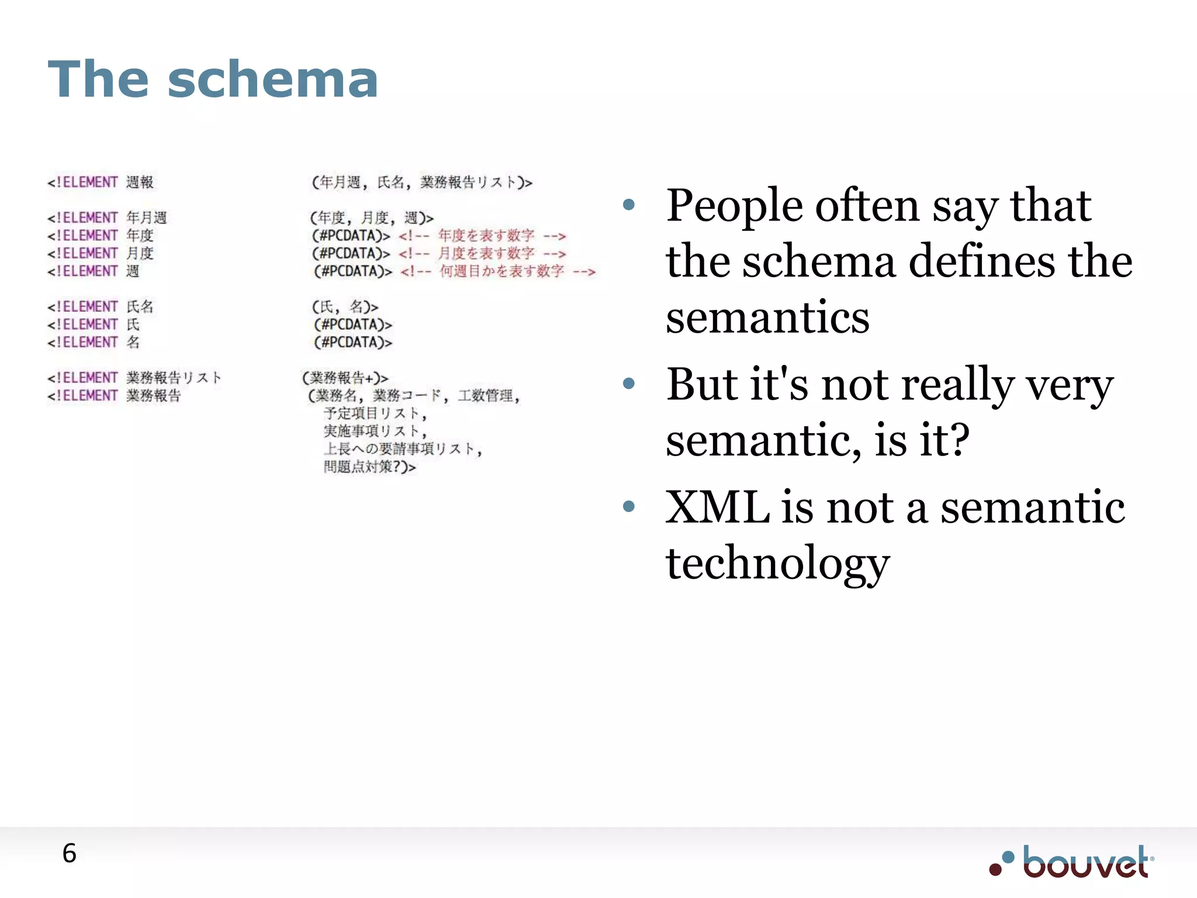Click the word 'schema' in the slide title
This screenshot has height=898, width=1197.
tap(273, 80)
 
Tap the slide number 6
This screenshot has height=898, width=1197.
tap(69, 854)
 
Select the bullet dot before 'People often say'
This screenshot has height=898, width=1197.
tap(628, 205)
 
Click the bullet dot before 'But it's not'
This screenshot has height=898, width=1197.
tap(628, 384)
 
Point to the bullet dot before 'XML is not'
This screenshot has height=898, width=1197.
tap(628, 506)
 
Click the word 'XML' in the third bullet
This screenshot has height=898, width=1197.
tap(717, 507)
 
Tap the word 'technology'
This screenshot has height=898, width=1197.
tap(777, 563)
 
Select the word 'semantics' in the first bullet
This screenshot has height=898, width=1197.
tap(767, 317)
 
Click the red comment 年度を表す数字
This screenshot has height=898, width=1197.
tap(486, 236)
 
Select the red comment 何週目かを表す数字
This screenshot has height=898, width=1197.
tap(501, 271)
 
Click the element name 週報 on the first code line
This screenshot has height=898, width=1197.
tap(140, 182)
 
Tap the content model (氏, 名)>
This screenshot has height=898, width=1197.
tap(345, 307)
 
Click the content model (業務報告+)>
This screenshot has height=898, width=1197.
tap(345, 378)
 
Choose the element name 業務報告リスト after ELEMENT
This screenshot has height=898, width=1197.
tap(174, 378)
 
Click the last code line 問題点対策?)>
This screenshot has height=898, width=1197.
tap(369, 467)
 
